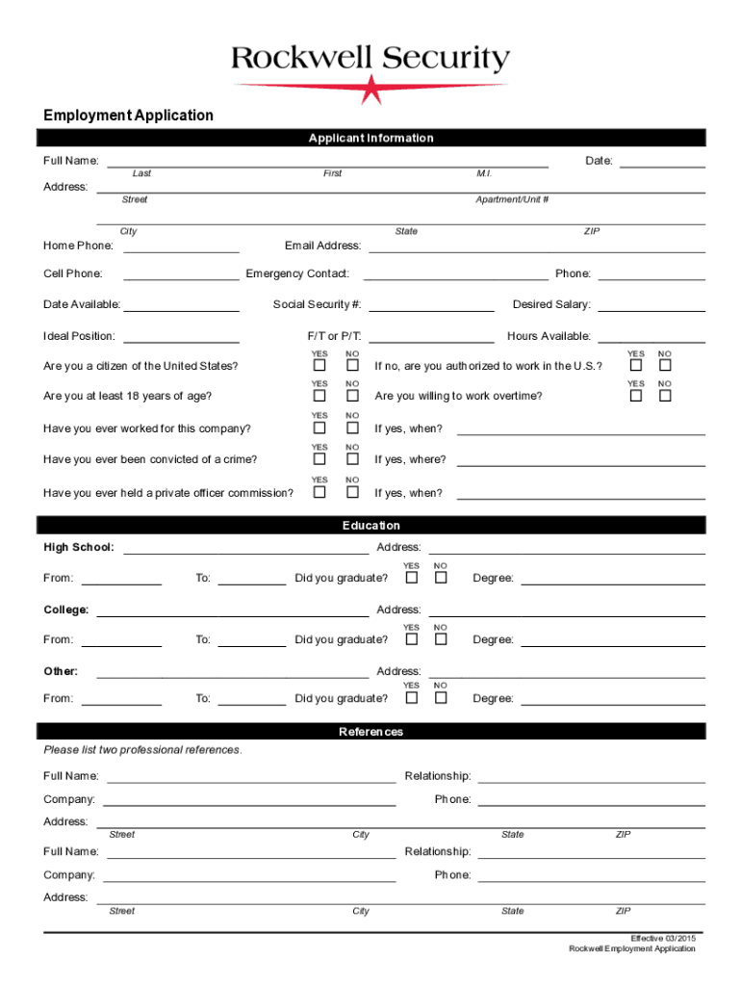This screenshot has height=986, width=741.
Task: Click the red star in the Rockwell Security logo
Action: tap(371, 90)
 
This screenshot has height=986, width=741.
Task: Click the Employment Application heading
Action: tap(128, 116)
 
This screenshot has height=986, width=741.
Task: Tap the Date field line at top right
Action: tap(662, 161)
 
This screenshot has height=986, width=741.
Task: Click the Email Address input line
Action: tap(537, 246)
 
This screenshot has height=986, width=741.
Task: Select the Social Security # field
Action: tap(431, 305)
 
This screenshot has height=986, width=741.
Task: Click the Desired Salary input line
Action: tap(652, 305)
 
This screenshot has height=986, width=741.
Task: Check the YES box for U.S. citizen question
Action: tap(319, 366)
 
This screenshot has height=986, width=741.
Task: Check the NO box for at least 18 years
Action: tap(352, 396)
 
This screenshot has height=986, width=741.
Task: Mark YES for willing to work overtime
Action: tap(635, 396)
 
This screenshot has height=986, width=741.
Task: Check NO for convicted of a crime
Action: tap(352, 459)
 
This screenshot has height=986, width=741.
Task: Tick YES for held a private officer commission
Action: tap(319, 492)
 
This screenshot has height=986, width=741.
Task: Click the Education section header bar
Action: tap(370, 526)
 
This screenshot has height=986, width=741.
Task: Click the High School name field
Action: tap(245, 548)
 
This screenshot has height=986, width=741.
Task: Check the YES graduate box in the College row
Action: tap(411, 639)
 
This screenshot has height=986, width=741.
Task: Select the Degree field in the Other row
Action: tap(613, 699)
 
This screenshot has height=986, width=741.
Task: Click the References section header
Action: tap(370, 732)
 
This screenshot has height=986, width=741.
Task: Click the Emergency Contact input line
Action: tap(455, 274)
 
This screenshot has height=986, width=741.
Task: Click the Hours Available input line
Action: tap(652, 337)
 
